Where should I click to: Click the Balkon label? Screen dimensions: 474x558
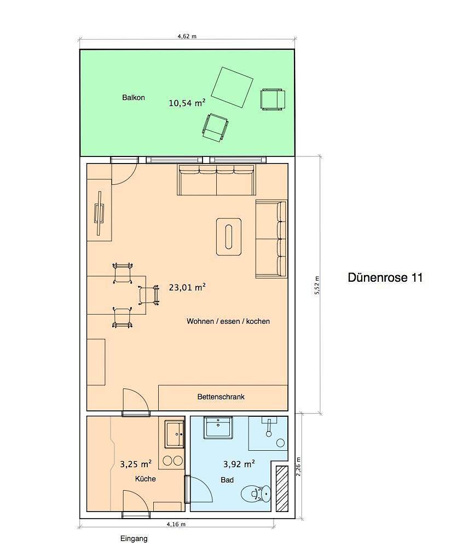[133, 97]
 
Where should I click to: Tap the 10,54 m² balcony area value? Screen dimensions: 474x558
[187, 103]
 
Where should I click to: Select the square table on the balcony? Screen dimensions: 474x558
[232, 87]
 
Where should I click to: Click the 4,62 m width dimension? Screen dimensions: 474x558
[187, 36]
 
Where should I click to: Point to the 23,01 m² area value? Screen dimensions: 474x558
[187, 287]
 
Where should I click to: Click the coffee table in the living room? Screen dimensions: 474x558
[229, 237]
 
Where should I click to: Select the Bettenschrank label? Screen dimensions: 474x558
[221, 397]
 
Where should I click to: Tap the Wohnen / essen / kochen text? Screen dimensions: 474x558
[228, 321]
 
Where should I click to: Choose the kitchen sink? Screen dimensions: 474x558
[175, 434]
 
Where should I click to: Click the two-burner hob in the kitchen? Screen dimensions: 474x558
[173, 461]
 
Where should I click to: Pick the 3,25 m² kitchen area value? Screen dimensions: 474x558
[136, 464]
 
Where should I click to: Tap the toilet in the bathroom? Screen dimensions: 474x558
[256, 493]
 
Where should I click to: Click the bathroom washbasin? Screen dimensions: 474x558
[218, 427]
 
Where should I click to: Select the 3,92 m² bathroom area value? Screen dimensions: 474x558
[239, 464]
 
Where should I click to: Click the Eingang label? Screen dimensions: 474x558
[134, 539]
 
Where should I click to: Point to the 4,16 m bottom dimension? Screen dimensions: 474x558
[176, 524]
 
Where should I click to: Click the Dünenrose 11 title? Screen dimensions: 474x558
[385, 277]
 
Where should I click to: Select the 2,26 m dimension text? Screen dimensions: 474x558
[298, 467]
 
